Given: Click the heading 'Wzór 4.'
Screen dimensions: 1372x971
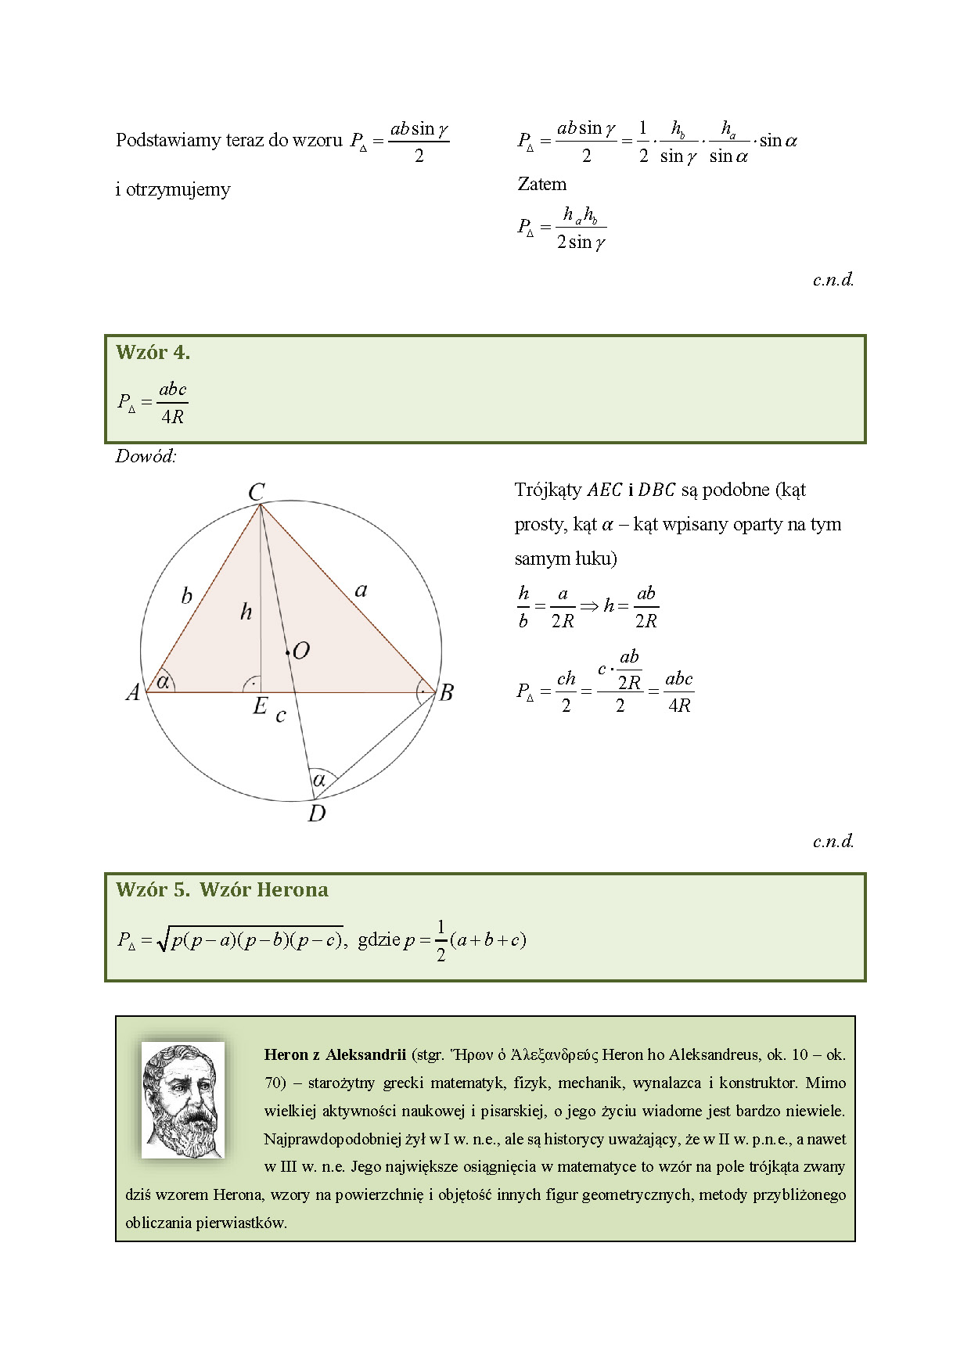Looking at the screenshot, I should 153,353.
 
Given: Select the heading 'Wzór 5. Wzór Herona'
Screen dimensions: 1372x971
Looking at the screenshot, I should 221,890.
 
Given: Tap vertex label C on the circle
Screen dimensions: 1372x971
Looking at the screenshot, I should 256,492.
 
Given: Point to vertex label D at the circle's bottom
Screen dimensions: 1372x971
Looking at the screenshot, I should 317,814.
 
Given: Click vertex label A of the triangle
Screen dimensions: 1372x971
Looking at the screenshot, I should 133,692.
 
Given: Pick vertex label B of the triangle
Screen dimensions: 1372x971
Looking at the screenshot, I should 447,692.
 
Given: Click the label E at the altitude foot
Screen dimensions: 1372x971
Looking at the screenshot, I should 260,707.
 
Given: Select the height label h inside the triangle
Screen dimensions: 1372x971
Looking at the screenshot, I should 246,612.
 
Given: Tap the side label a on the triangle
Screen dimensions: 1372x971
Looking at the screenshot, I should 361,590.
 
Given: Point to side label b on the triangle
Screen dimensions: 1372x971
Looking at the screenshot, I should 186,596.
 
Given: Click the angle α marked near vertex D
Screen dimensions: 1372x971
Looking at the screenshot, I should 319,780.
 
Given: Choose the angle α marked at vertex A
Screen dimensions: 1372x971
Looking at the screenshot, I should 164,681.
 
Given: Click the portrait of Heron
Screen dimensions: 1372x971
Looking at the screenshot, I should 183,1100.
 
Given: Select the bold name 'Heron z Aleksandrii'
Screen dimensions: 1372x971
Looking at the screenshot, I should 335,1054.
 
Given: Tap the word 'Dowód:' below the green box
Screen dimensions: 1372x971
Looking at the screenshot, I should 146,457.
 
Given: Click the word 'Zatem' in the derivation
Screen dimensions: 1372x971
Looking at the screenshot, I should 541,185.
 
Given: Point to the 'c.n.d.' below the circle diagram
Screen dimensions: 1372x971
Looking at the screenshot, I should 833,842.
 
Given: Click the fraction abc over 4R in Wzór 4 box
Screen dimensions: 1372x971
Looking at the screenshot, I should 172,403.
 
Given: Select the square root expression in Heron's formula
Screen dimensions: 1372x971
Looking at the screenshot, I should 250,939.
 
